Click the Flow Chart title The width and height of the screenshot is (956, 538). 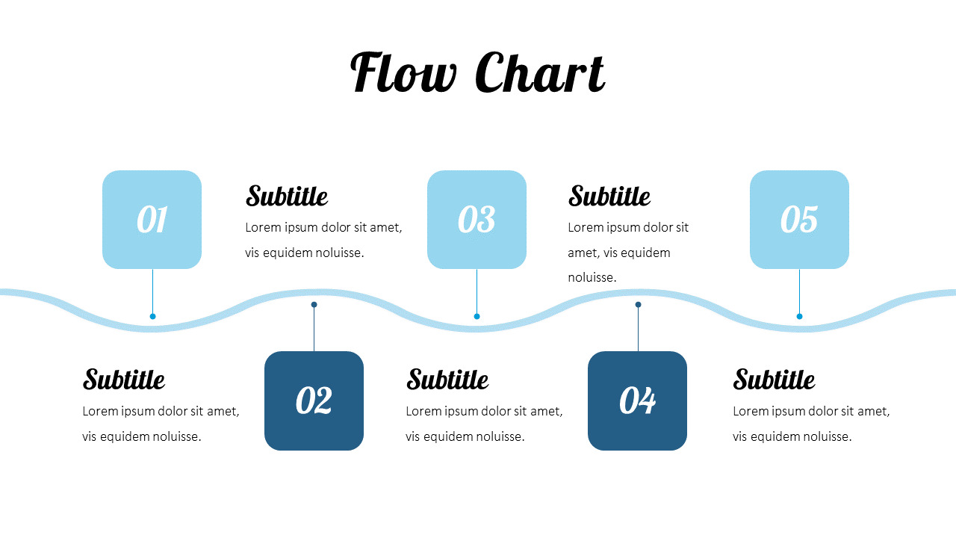coord(477,73)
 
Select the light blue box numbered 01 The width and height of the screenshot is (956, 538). coord(152,220)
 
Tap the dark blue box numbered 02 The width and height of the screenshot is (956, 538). coord(314,401)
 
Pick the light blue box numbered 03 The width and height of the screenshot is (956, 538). coord(477,220)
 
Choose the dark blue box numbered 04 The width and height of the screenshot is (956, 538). coord(637,401)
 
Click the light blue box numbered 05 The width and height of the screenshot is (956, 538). coord(799,220)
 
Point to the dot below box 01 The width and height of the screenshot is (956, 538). coord(152,316)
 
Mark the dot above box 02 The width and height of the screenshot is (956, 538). coord(314,304)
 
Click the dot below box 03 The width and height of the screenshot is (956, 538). coord(477,316)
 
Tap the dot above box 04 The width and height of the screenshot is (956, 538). coord(638,304)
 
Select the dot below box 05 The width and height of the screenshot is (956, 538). coord(799,316)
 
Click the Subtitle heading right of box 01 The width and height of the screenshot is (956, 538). coord(287,197)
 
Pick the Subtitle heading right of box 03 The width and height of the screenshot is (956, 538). coord(609,197)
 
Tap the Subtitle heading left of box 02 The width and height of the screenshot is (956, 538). coord(124,380)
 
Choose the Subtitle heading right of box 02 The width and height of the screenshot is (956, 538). coord(447,380)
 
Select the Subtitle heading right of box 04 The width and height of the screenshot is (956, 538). coord(774,380)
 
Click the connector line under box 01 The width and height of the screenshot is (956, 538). coord(152,291)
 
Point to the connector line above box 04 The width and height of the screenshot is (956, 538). coord(638,329)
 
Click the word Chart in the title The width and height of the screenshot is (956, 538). coord(539,73)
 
